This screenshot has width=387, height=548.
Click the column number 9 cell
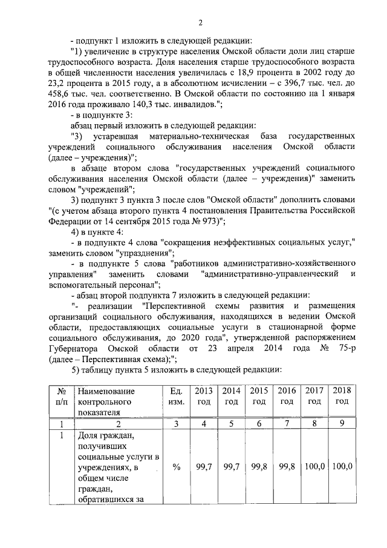[x=342, y=423]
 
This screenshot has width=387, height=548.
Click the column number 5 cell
[x=232, y=423]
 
